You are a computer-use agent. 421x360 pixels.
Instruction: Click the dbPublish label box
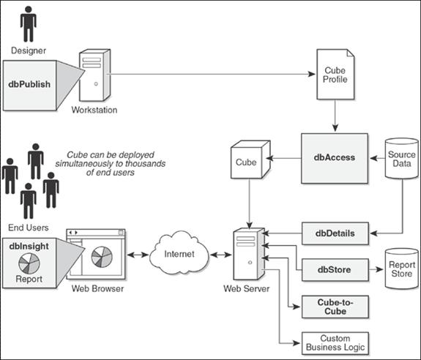point(29,86)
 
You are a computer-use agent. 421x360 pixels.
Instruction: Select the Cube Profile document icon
point(335,75)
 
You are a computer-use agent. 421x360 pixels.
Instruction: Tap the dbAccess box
point(335,158)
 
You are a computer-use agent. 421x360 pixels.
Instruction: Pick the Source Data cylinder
point(402,158)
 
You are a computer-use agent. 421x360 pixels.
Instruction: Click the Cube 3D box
point(250,160)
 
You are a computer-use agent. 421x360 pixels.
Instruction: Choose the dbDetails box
point(335,233)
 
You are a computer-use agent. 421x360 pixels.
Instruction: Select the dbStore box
point(335,269)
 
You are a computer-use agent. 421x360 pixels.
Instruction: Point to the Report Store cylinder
point(402,269)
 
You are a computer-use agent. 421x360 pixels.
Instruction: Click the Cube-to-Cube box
point(335,307)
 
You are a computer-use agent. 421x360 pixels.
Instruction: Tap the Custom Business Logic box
point(335,343)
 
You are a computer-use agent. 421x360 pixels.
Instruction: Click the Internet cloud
point(179,252)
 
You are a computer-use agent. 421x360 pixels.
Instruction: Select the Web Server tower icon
point(249,254)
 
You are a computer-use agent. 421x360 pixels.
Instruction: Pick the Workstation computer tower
point(94,75)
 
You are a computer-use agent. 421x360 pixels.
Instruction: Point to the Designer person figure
point(29,24)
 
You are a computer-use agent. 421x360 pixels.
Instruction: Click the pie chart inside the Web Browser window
point(102,257)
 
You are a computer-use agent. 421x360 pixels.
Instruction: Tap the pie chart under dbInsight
point(29,263)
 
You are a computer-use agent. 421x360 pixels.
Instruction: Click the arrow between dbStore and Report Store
point(376,269)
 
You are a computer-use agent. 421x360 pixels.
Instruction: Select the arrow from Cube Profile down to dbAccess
point(335,116)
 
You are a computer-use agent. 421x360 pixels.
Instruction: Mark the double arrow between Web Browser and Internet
point(138,255)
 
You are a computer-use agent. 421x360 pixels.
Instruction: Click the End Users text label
point(29,228)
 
